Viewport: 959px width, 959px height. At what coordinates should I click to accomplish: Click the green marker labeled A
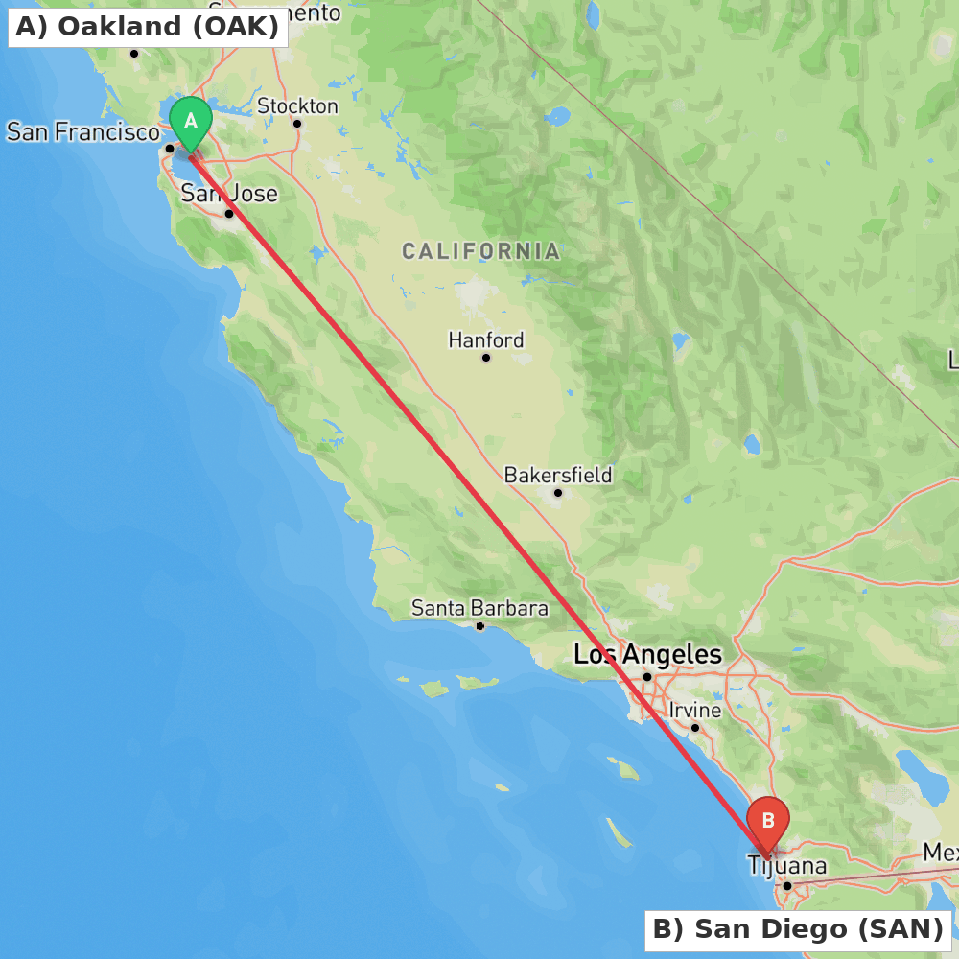click(x=191, y=122)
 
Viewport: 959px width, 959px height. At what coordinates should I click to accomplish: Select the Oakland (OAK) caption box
click(x=148, y=27)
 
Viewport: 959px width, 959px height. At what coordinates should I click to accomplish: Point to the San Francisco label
click(x=82, y=131)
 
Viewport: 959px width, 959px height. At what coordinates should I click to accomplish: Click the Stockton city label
click(x=297, y=105)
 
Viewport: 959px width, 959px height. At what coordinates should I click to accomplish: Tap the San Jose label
click(x=229, y=194)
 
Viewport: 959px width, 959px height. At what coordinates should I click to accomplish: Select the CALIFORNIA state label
click(x=480, y=251)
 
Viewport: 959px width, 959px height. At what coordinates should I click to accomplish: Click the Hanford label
click(x=486, y=339)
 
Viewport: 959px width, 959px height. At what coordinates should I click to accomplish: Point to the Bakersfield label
click(x=557, y=475)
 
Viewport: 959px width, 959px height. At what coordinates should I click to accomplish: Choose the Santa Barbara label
click(x=479, y=608)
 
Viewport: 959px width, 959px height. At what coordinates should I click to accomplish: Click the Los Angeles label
click(x=647, y=655)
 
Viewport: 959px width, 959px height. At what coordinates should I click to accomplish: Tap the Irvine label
click(x=695, y=711)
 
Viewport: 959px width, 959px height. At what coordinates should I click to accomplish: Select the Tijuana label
click(x=786, y=866)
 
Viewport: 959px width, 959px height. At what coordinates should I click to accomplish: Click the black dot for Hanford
click(x=486, y=358)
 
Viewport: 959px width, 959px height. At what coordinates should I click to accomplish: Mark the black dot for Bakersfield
click(x=557, y=493)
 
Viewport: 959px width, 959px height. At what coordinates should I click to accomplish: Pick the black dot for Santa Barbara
click(x=480, y=626)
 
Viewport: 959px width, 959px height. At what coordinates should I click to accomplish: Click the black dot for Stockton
click(x=297, y=124)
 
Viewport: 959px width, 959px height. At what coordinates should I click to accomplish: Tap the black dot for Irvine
click(x=695, y=728)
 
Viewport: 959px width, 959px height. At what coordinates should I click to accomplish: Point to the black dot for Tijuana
click(x=786, y=886)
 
